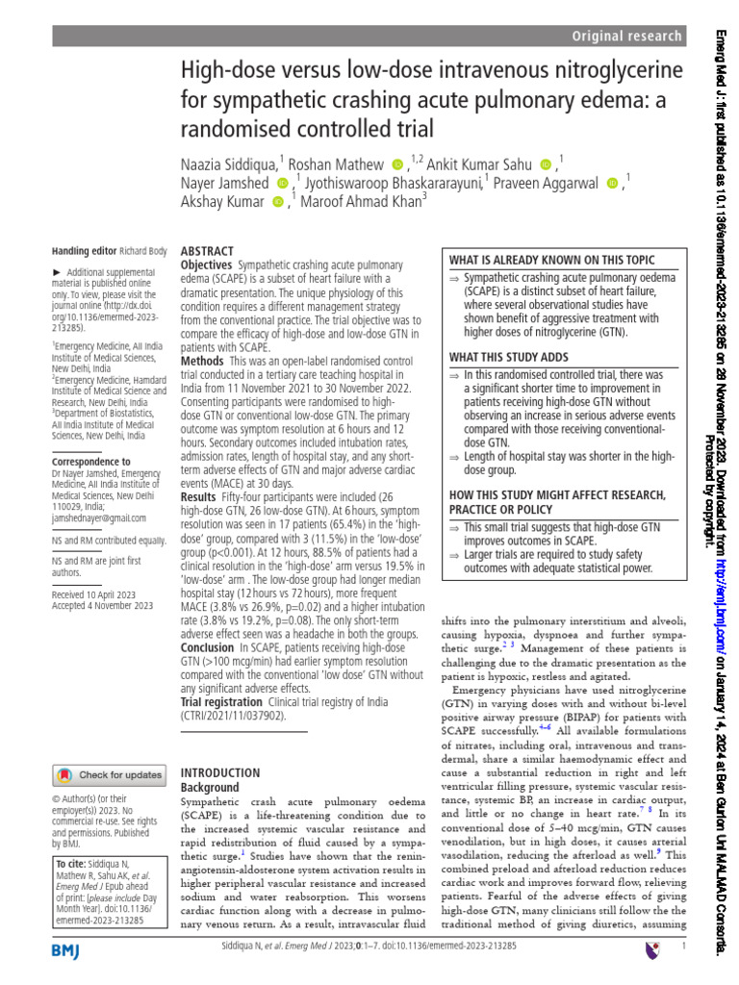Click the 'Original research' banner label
click(x=625, y=37)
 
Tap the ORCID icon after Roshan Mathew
click(x=399, y=165)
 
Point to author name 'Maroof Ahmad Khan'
click(x=361, y=201)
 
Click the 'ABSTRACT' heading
click(x=207, y=250)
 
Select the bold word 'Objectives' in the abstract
click(x=206, y=265)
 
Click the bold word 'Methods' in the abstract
click(x=202, y=360)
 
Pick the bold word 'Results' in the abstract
click(x=200, y=495)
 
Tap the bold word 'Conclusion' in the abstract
click(x=208, y=647)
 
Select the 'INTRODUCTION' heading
click(x=220, y=772)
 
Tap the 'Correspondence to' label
click(x=90, y=462)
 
